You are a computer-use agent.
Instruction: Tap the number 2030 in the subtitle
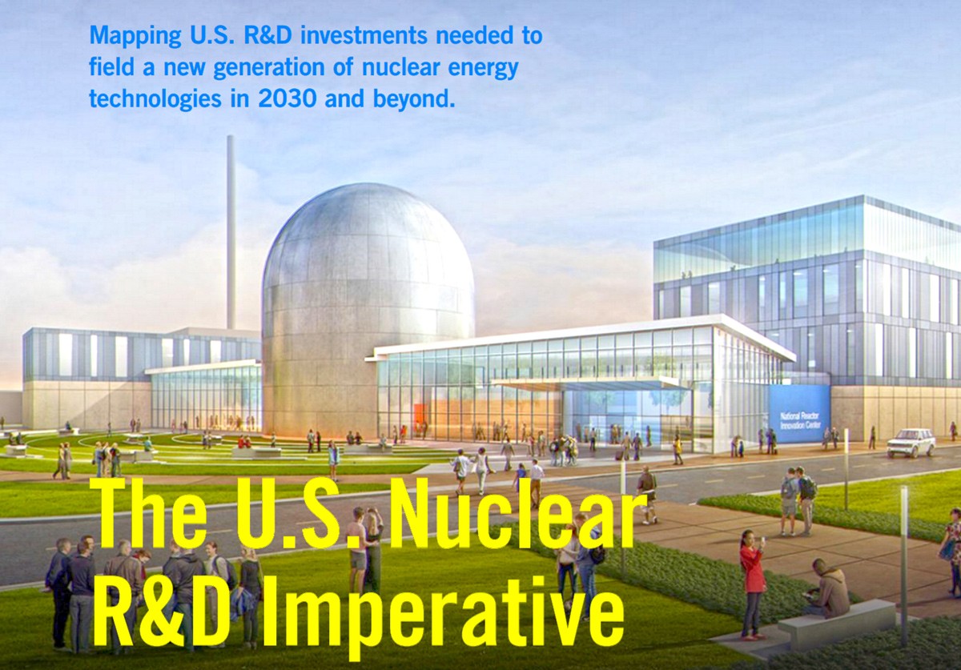(287, 98)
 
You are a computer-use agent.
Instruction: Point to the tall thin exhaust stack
(231, 232)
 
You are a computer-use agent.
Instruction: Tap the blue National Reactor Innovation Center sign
(799, 414)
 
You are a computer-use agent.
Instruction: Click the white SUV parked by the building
(911, 443)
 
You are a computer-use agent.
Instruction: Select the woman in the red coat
(753, 585)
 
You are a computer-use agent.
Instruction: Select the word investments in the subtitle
(364, 35)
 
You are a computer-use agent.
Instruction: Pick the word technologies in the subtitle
(155, 99)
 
